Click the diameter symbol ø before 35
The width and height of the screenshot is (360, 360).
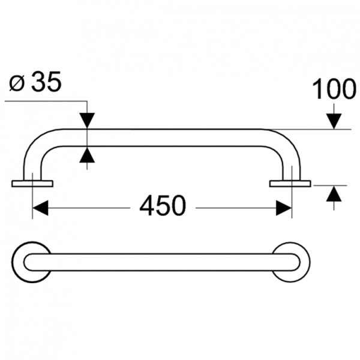(x=17, y=83)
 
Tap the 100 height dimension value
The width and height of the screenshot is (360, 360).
(x=334, y=90)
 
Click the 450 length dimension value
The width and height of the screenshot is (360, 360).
(x=162, y=207)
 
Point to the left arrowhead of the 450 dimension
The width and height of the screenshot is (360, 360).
(x=40, y=208)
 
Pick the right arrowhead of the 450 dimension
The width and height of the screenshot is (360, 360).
(x=283, y=208)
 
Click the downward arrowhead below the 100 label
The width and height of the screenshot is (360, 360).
(x=334, y=121)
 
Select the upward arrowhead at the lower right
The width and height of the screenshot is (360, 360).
(x=334, y=193)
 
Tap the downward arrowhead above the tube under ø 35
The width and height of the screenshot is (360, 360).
(x=88, y=120)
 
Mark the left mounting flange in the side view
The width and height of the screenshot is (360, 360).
(x=32, y=183)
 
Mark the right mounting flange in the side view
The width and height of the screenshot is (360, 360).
(x=290, y=183)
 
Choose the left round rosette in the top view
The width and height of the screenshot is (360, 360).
(x=31, y=262)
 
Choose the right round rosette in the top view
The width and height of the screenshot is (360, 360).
(x=292, y=262)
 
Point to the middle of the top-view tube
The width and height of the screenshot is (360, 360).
(x=162, y=262)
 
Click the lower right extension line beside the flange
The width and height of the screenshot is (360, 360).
(x=330, y=184)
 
